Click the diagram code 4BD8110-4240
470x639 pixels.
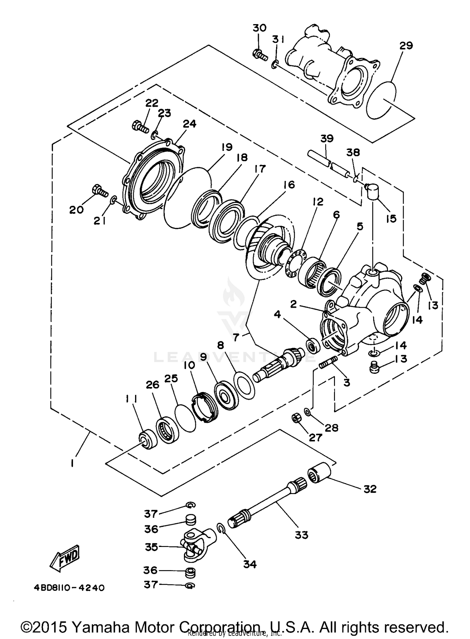(69, 588)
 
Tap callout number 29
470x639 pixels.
(406, 46)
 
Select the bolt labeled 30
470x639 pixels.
(259, 55)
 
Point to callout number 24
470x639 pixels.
(190, 124)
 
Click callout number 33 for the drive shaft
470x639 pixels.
(301, 535)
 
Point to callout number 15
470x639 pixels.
(391, 218)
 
